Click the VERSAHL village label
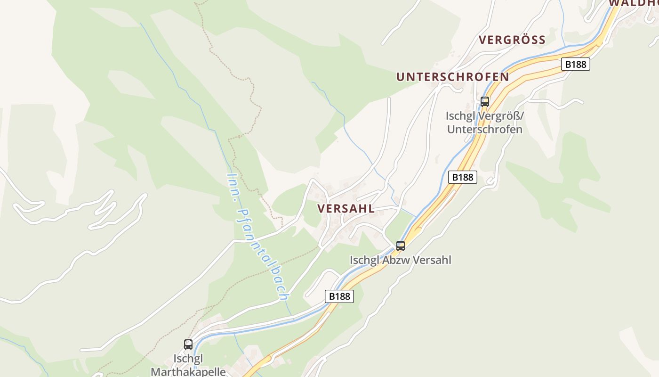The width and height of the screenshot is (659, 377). (346, 208)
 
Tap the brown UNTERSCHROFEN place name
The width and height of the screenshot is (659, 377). (452, 77)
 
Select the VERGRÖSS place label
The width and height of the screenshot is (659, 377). (512, 40)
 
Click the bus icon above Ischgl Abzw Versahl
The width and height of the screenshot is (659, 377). (401, 246)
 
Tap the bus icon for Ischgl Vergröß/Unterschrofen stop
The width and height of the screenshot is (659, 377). (484, 101)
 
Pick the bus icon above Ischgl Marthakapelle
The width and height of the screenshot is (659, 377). (188, 344)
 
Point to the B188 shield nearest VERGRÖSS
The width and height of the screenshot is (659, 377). (575, 64)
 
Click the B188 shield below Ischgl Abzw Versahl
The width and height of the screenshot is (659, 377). (339, 296)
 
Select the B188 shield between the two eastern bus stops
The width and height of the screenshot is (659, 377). (463, 177)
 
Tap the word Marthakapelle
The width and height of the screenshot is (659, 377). (188, 371)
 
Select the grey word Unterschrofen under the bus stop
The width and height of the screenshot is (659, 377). (485, 129)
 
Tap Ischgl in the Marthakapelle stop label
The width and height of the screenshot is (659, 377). (188, 359)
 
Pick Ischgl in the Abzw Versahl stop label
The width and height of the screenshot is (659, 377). (364, 260)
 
